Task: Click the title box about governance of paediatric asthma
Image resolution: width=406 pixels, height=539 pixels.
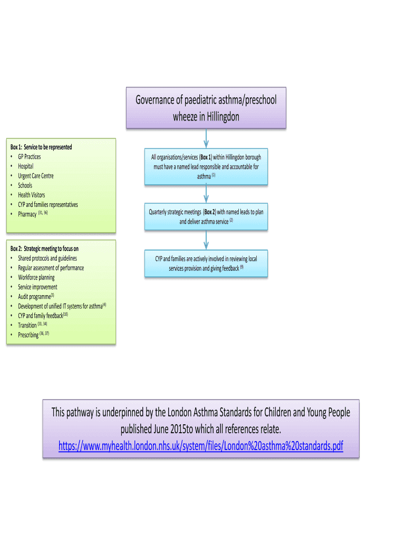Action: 206,108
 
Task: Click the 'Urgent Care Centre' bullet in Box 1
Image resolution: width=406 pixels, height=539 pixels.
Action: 35,176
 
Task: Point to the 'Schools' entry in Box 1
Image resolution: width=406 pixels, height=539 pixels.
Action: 25,185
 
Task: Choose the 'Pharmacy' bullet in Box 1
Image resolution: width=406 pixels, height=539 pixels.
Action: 27,214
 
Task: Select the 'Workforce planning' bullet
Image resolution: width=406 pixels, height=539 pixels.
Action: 36,277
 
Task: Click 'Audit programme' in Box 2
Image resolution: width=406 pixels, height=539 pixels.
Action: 34,297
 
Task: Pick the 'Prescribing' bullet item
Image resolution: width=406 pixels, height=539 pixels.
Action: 28,335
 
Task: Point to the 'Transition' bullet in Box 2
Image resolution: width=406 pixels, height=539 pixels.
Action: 27,325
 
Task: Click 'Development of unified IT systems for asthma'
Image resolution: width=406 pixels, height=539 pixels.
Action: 60,306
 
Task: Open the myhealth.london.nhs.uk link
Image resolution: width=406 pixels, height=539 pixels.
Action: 200,446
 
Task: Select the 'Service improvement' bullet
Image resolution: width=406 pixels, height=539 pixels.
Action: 37,287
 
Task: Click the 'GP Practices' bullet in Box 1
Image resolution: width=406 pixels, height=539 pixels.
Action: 29,157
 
